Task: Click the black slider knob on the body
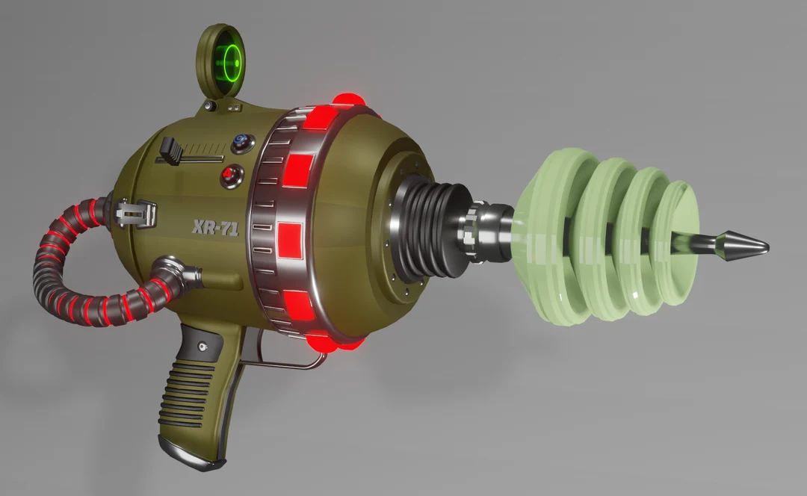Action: [x=171, y=149]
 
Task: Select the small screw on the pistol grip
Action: [x=202, y=346]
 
